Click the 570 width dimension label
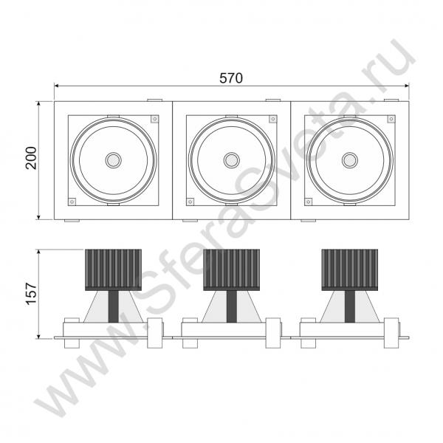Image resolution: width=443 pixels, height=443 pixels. coord(231,78)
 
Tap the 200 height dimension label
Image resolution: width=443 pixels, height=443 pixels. coord(31,158)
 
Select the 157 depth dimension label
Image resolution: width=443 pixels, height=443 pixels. coord(31,293)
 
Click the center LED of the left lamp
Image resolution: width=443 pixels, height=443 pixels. coord(114,160)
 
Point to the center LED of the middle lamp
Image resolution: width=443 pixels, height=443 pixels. coord(232,160)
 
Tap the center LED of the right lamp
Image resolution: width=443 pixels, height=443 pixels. coord(350,160)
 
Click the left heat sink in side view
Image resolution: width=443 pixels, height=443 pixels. coord(113,269)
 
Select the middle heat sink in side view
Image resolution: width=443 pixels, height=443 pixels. coord(231,269)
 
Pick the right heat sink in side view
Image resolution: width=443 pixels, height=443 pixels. coord(350,269)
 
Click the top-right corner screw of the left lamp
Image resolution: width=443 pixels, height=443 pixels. coord(154,119)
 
